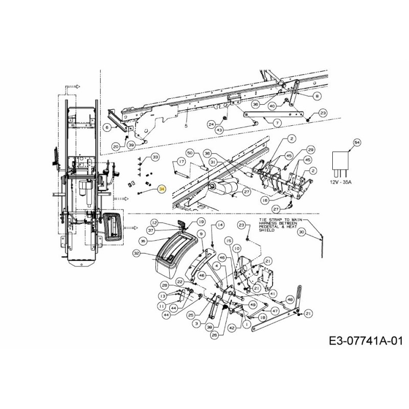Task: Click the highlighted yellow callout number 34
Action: click(x=162, y=189)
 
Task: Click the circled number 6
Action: click(x=107, y=127)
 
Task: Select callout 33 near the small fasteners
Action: click(x=155, y=156)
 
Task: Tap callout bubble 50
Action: click(x=189, y=152)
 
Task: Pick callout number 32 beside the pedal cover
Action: click(x=137, y=253)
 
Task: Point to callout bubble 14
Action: click(x=220, y=224)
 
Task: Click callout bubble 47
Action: click(x=275, y=310)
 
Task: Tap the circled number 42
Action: click(x=232, y=328)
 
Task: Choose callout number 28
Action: click(x=164, y=285)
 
